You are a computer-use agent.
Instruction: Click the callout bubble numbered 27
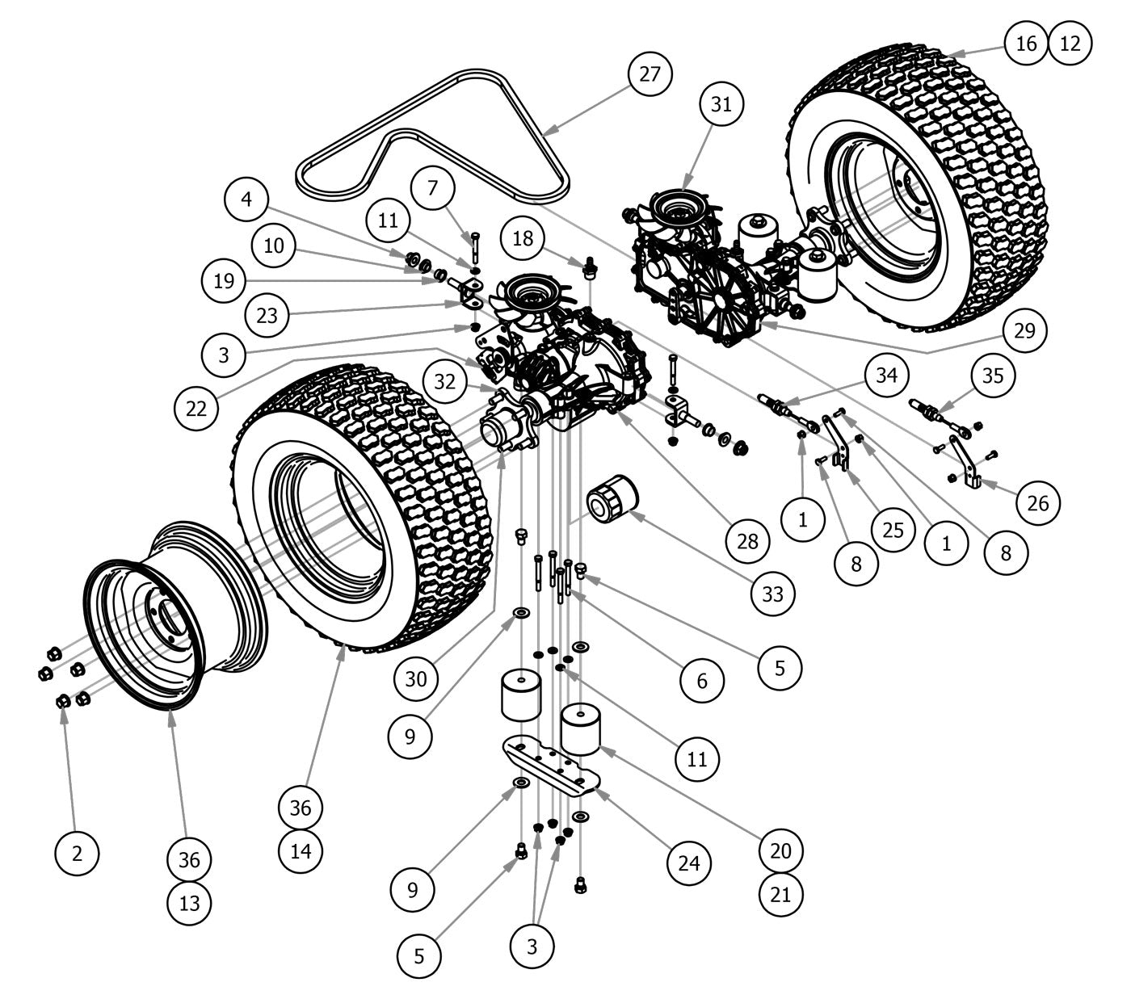pos(650,74)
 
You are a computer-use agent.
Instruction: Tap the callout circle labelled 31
pos(721,104)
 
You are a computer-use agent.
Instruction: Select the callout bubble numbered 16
pos(1026,43)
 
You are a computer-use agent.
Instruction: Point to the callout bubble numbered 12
pos(1070,43)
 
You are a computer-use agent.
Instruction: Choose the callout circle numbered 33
pos(773,594)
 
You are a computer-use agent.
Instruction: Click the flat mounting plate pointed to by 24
pos(551,764)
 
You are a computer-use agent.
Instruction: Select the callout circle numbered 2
pos(77,853)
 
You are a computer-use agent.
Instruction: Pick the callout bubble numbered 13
pos(189,902)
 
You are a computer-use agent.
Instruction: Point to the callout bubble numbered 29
pos(1025,330)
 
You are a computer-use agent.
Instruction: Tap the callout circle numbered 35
pos(991,376)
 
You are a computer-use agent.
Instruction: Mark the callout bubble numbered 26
pos(1037,503)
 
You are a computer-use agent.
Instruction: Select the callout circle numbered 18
pos(522,238)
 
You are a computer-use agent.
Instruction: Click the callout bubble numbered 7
pos(433,189)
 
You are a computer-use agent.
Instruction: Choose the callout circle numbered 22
pos(196,408)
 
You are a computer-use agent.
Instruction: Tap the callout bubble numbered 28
pos(747,540)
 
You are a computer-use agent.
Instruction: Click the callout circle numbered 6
pos(701,680)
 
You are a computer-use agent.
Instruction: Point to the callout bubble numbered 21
pos(782,892)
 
